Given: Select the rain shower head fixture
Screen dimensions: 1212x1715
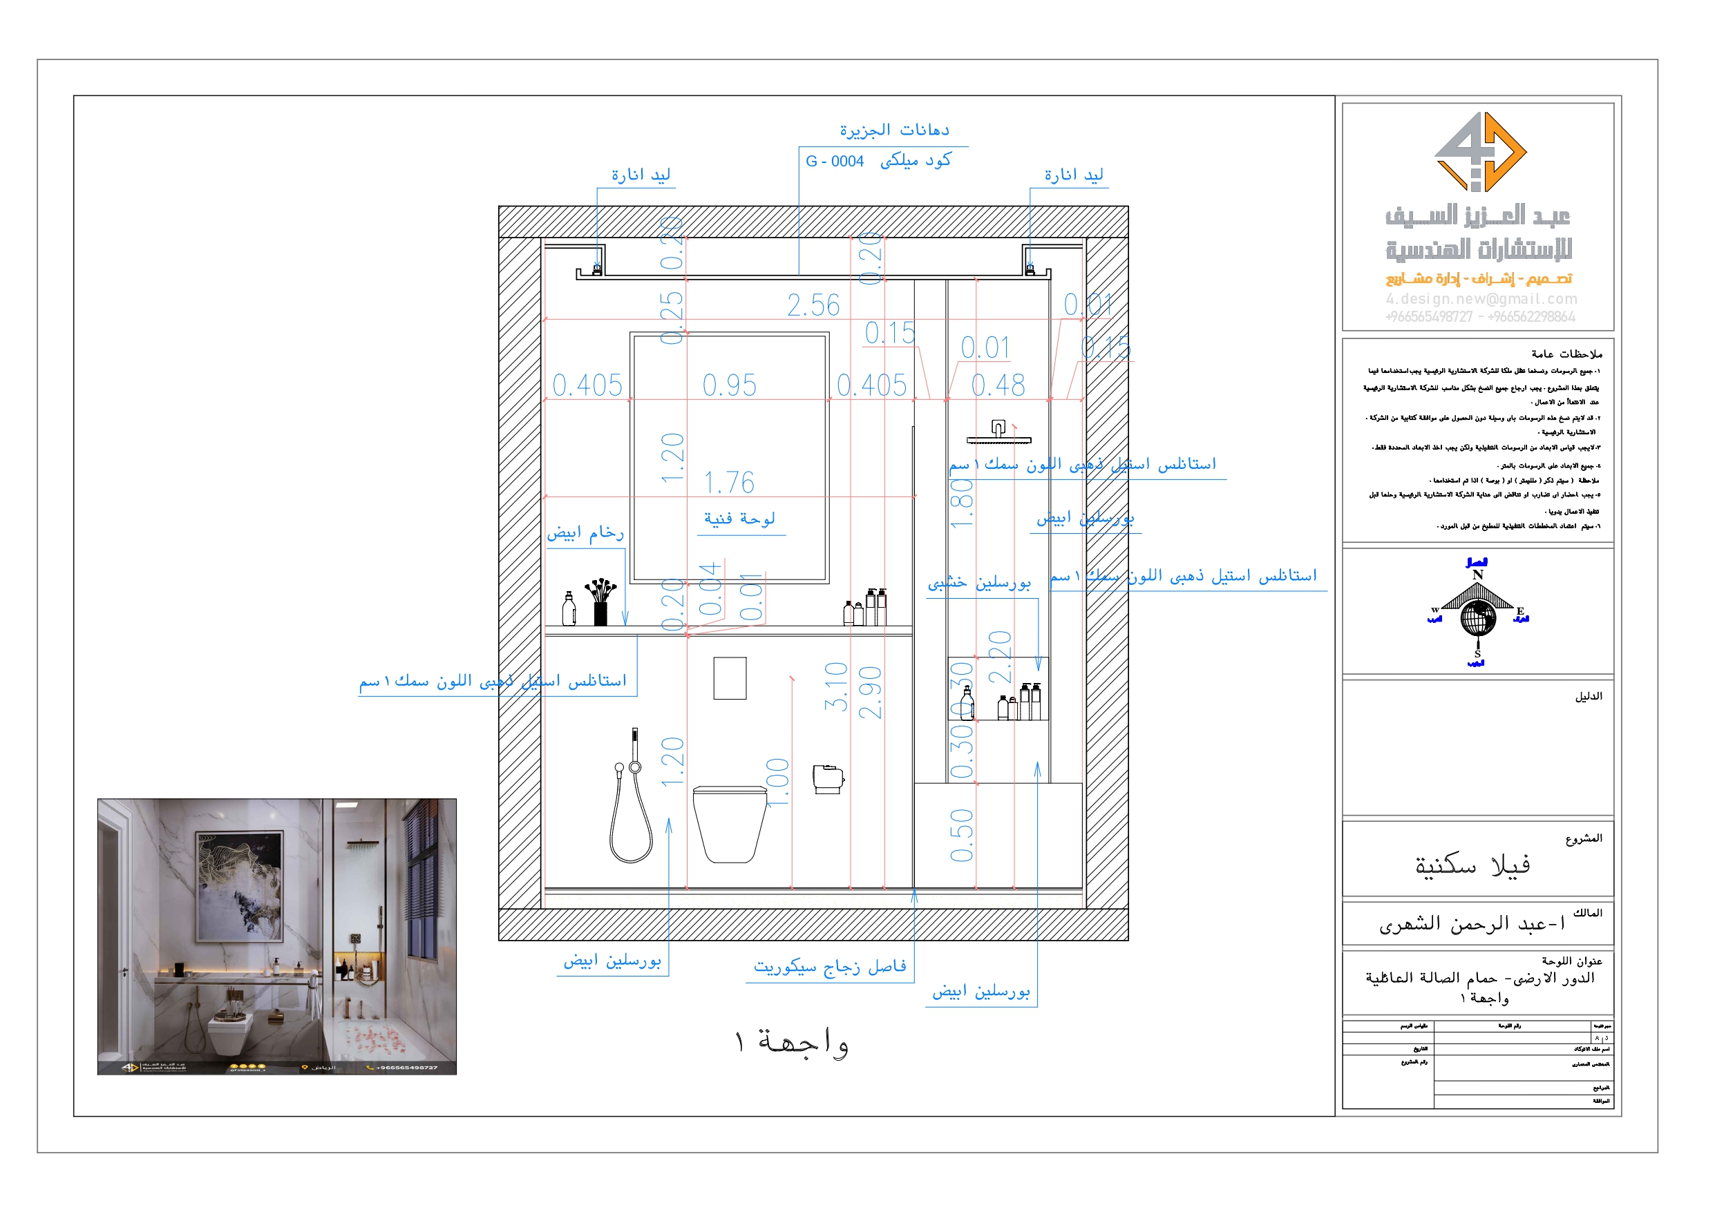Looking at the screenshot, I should (x=998, y=434).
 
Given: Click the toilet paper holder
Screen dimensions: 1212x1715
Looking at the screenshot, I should (x=828, y=779).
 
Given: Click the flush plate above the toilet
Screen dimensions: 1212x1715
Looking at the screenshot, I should (x=730, y=678).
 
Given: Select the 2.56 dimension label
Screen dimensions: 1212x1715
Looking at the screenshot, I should (x=813, y=305).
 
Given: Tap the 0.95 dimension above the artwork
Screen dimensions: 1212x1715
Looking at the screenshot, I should (x=729, y=385).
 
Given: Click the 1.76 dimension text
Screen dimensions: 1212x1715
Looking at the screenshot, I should (x=729, y=483).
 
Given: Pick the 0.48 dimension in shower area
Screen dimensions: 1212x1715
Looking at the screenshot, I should (x=998, y=385).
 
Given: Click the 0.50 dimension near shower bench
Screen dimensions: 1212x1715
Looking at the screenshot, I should (x=961, y=835).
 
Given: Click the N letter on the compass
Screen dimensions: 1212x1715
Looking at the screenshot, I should (x=1477, y=575).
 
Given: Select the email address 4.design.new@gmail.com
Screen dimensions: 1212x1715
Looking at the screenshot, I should (x=1481, y=299).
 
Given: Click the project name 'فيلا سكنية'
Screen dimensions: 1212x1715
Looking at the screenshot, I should (x=1472, y=865).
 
